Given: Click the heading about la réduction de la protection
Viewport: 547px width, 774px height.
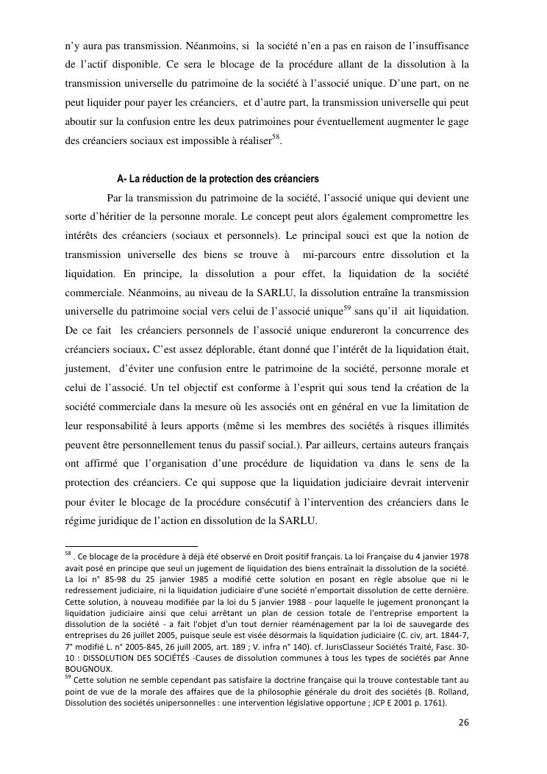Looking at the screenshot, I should coord(218,179).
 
